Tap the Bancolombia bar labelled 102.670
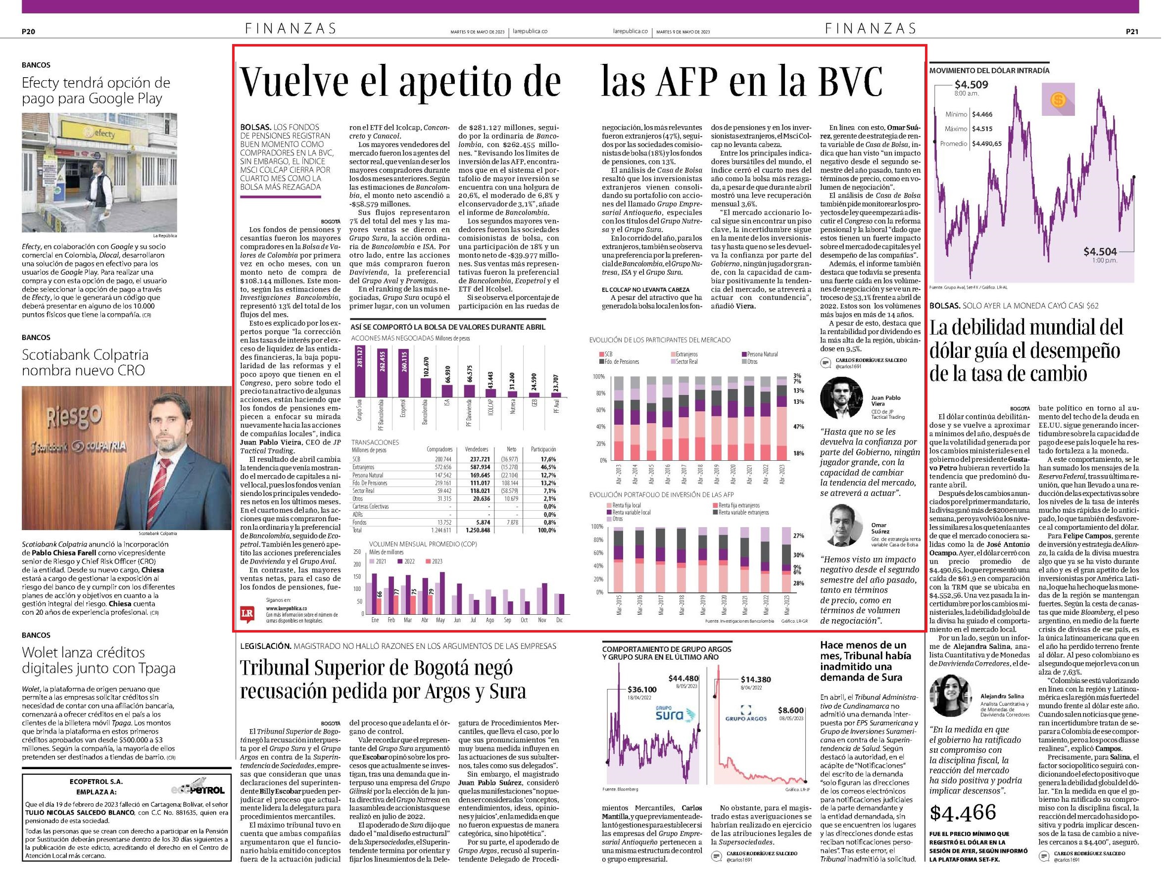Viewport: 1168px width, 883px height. [x=426, y=388]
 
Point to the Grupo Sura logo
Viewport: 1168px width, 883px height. [x=669, y=715]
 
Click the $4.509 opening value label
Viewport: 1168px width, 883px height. [x=971, y=85]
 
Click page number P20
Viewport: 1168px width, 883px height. [x=29, y=32]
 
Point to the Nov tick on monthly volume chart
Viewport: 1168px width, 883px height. [x=542, y=620]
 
